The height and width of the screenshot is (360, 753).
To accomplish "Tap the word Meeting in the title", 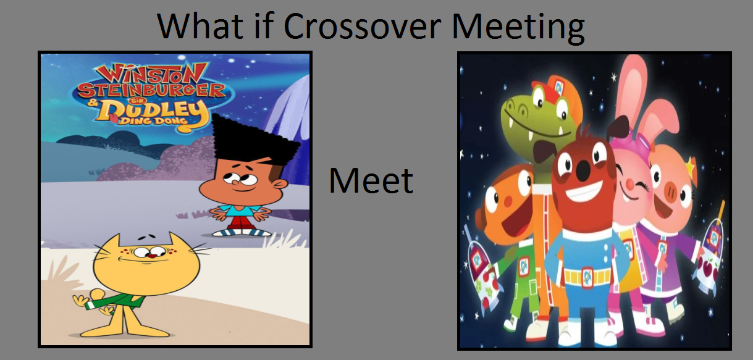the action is click(518, 28).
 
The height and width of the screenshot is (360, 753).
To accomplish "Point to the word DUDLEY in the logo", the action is click(153, 111).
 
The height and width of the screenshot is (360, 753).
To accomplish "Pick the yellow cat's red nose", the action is click(153, 256).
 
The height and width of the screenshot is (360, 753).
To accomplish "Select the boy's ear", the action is click(279, 184).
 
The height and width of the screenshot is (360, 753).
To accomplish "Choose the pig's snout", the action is click(673, 191).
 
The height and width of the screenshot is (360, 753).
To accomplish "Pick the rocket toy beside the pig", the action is click(710, 256).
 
